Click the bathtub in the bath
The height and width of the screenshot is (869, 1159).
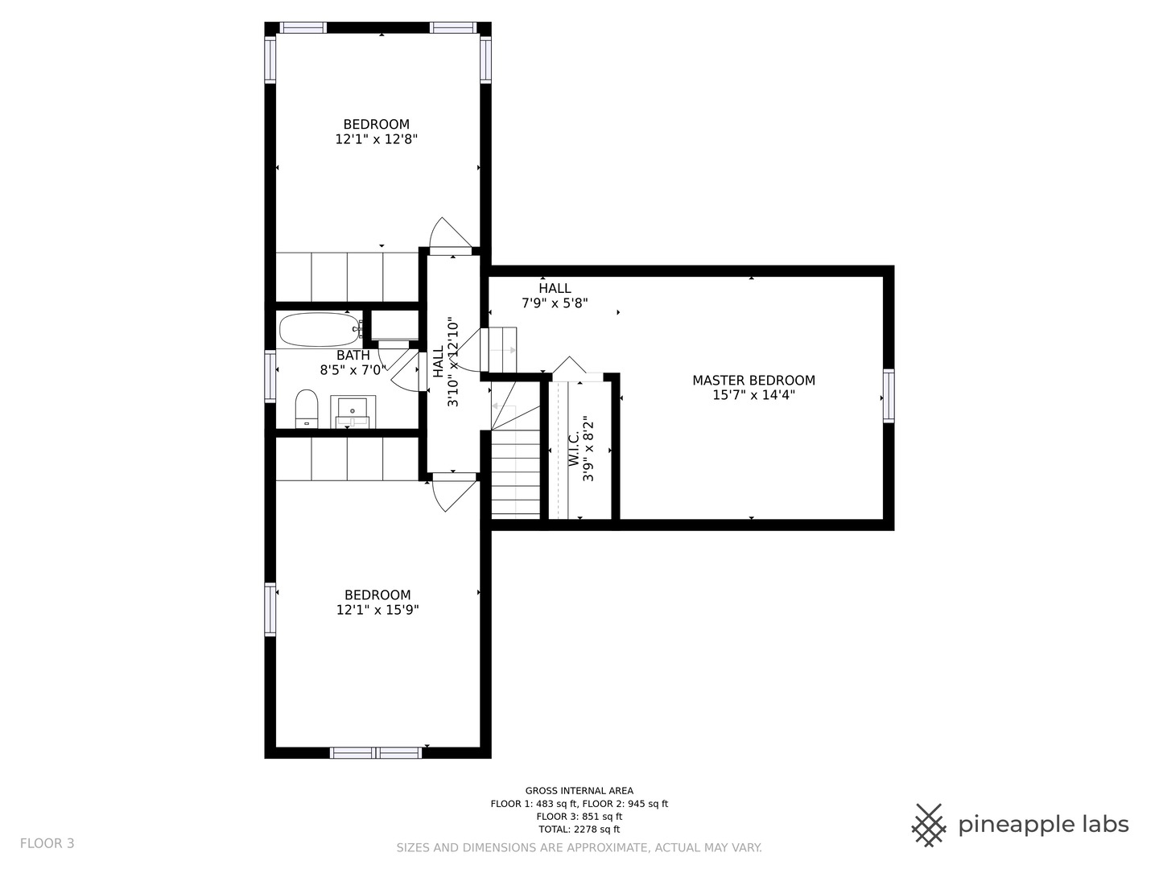pos(320,330)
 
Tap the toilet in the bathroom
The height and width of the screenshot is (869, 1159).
pos(307,409)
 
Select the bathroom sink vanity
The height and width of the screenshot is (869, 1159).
pos(353,411)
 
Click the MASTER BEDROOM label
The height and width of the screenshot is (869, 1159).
pos(753,381)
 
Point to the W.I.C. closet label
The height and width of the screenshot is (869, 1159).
pos(574,448)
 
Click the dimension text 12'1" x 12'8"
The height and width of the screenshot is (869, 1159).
pos(377,139)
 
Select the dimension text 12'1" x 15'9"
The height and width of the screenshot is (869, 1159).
pos(377,610)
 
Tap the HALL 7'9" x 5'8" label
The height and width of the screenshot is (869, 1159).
pos(555,295)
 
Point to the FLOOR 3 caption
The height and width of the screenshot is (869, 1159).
pos(47,844)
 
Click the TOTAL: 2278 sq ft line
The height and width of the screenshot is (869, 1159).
pos(579,830)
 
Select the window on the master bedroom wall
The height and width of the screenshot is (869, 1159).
pos(889,396)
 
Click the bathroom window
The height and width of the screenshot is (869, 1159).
pos(270,377)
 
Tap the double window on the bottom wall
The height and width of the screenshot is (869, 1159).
pos(376,753)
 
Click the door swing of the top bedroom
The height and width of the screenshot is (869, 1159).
pos(450,233)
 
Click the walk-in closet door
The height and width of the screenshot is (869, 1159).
pos(569,365)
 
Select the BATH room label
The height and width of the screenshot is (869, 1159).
pos(353,356)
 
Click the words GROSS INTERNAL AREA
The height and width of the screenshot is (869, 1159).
pos(579,791)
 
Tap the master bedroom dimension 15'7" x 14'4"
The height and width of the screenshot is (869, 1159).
pos(754,395)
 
